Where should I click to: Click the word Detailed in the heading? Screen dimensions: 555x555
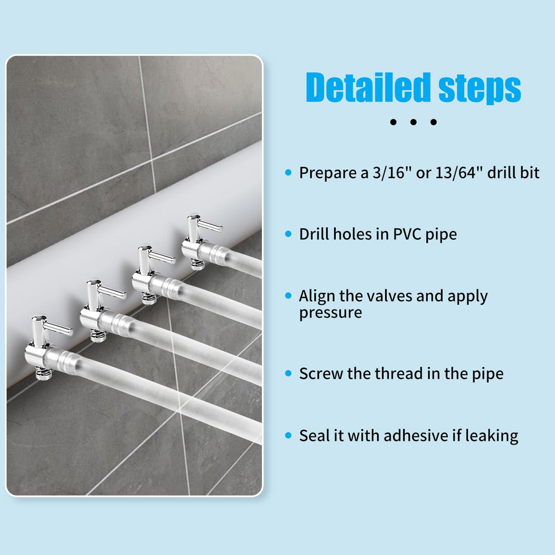[x=368, y=87]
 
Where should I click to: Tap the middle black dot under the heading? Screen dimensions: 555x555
[x=413, y=122]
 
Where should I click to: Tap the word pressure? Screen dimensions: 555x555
[x=331, y=313]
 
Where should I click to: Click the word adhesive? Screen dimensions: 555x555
[x=416, y=435]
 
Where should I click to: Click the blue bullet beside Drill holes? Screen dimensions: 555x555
[x=288, y=234]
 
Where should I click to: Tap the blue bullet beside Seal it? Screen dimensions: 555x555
[x=288, y=435]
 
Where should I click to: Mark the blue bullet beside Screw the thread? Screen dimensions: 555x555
[x=288, y=374]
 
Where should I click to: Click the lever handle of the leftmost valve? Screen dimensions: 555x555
[x=58, y=328]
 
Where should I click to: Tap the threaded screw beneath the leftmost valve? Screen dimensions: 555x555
[x=44, y=374]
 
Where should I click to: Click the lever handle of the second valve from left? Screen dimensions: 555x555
[x=112, y=292]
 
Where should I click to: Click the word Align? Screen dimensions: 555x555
[x=316, y=296]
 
